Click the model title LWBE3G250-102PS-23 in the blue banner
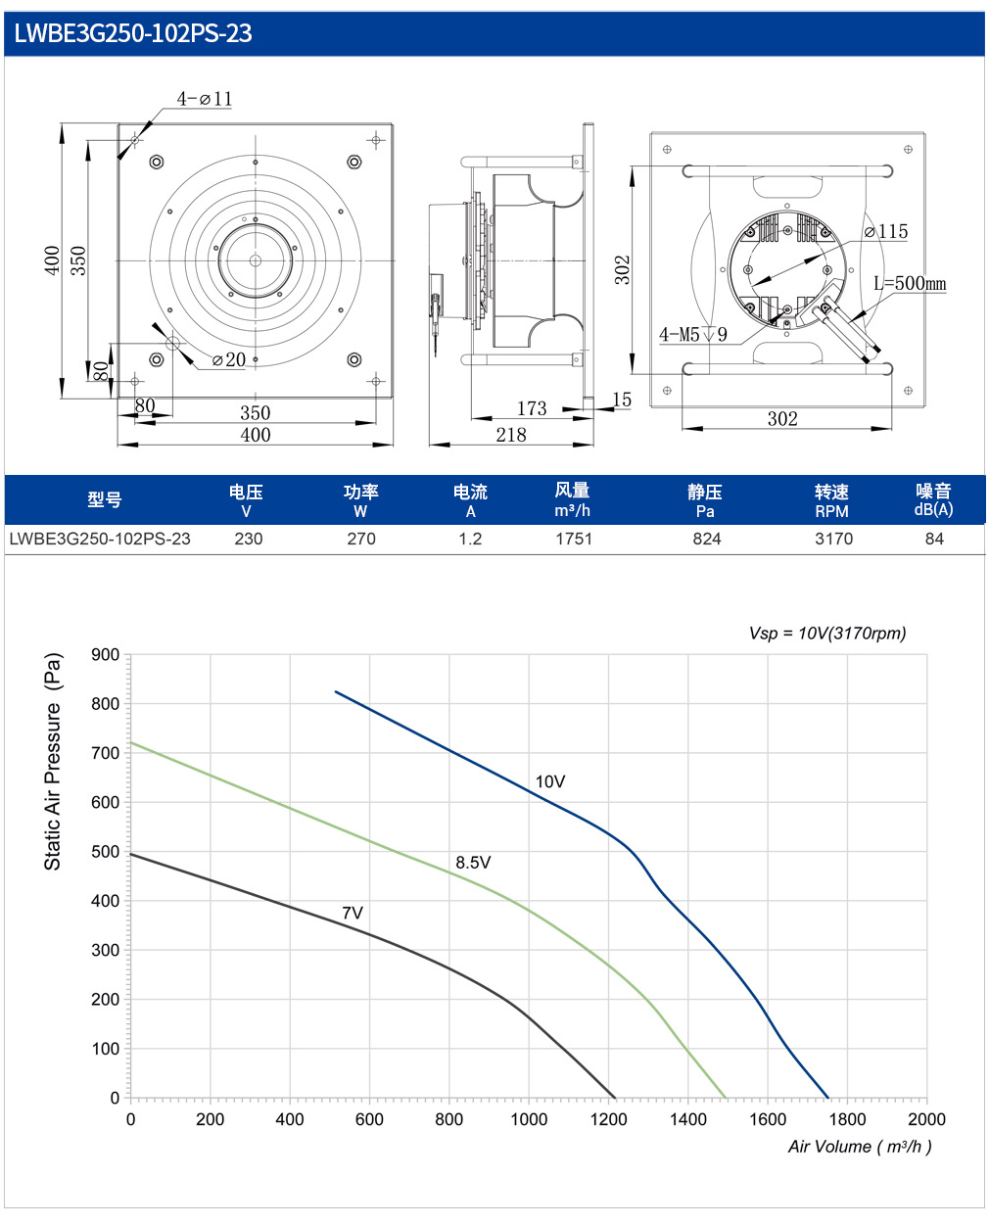click(x=133, y=33)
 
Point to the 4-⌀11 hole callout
click(x=204, y=99)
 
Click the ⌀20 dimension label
click(x=229, y=359)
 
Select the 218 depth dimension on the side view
click(x=510, y=435)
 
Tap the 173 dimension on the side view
click(x=531, y=408)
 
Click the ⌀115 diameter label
click(x=885, y=231)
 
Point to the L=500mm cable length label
click(x=910, y=283)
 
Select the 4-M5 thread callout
click(x=693, y=334)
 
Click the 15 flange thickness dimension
click(x=622, y=400)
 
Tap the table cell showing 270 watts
click(x=361, y=539)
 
